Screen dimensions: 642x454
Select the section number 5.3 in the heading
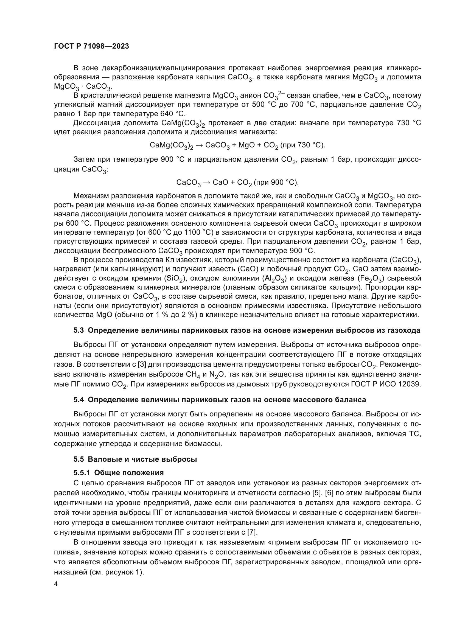79,330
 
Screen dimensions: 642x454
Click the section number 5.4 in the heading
79,400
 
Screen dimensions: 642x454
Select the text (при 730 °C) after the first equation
303,145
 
